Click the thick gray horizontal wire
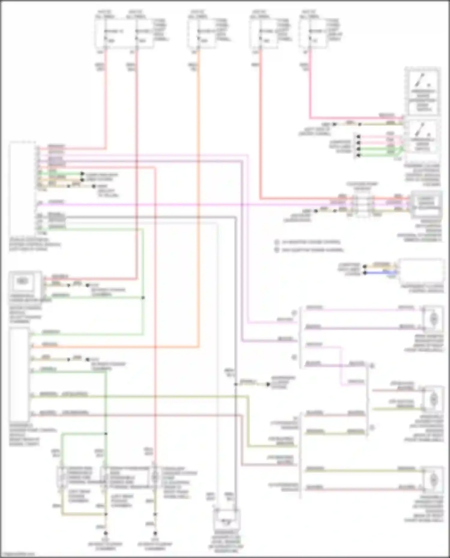coord(150,217)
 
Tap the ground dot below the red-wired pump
coord(155,533)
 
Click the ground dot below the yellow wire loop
coord(106,533)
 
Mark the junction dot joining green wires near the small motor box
coord(143,298)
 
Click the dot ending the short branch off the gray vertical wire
coord(268,384)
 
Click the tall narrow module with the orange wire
coord(19,375)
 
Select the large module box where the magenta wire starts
coord(22,189)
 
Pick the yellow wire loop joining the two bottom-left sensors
coord(84,514)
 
